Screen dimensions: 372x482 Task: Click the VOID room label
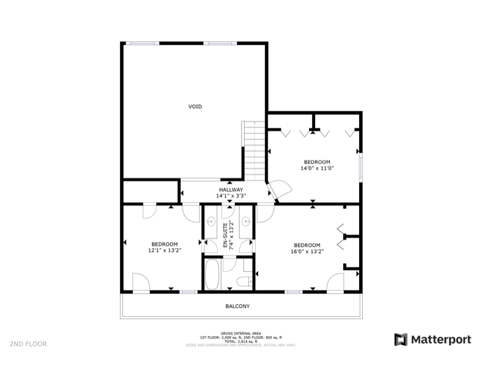pyautogui.click(x=195, y=106)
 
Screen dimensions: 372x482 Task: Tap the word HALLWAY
pyautogui.click(x=231, y=190)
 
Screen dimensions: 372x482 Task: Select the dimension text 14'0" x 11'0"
pyautogui.click(x=317, y=168)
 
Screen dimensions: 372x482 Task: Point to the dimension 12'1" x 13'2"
pyautogui.click(x=164, y=250)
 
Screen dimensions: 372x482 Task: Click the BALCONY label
pyautogui.click(x=238, y=306)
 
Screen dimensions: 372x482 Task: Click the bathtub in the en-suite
pyautogui.click(x=212, y=274)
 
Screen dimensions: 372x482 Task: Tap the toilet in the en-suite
pyautogui.click(x=243, y=281)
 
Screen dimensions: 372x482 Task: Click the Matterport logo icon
pyautogui.click(x=401, y=339)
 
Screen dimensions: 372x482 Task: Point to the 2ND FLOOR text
pyautogui.click(x=28, y=344)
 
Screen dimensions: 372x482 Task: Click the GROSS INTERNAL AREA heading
pyautogui.click(x=241, y=333)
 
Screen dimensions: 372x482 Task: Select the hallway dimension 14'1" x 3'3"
pyautogui.click(x=231, y=196)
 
